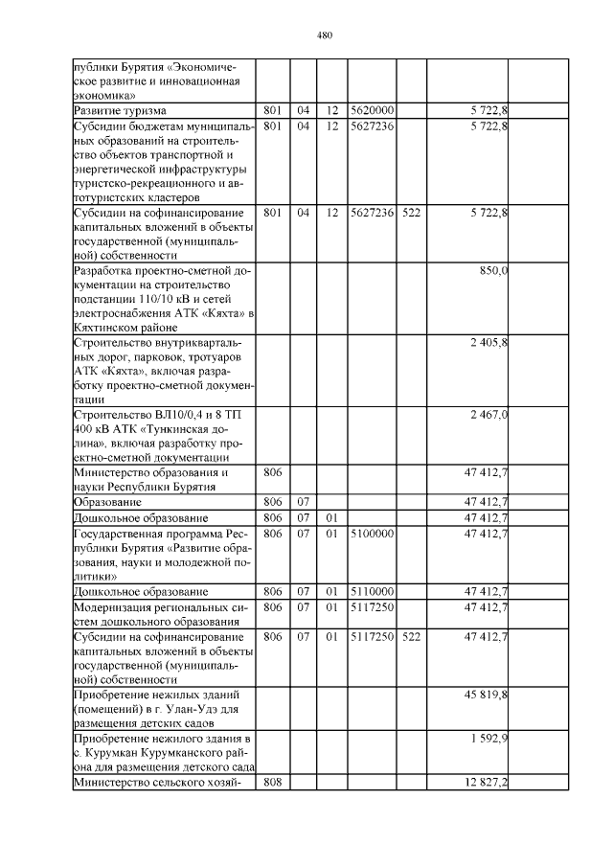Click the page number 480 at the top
point(324,36)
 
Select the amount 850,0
point(493,272)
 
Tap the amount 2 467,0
point(488,414)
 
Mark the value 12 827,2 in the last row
point(486,784)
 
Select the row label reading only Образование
point(108,502)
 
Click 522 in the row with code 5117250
point(411,636)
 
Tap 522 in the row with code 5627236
point(411,213)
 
